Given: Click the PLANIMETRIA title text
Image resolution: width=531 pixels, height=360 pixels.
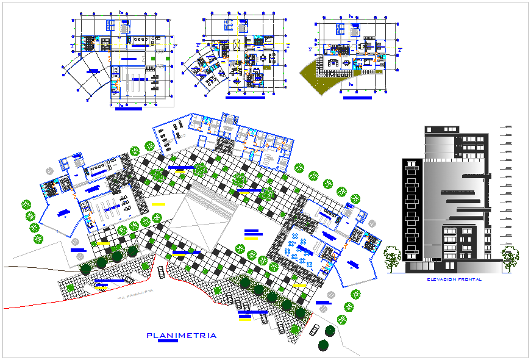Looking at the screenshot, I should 182,336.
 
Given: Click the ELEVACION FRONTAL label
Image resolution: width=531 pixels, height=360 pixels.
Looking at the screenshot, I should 455,279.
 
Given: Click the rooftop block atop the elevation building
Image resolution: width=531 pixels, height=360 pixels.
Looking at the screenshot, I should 443,129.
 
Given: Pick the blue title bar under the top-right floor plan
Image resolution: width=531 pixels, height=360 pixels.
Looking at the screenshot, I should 357,97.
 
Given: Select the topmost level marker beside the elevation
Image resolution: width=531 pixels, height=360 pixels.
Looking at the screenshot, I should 507,127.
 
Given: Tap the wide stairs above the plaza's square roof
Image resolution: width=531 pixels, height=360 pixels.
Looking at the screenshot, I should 210,194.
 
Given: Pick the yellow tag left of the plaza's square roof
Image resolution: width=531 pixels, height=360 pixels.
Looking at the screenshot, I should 159,204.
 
